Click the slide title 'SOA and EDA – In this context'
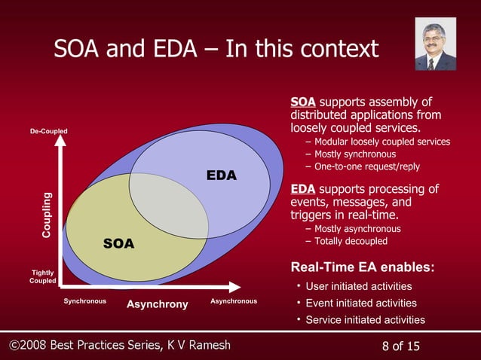pyautogui.click(x=216, y=49)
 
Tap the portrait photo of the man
pyautogui.click(x=435, y=45)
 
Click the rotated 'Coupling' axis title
pyautogui.click(x=47, y=216)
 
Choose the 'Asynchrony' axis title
pyautogui.click(x=157, y=304)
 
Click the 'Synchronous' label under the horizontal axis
pyautogui.click(x=84, y=301)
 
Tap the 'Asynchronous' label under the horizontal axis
pyautogui.click(x=233, y=301)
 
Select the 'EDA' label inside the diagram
pyautogui.click(x=222, y=176)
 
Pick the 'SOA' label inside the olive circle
pyautogui.click(x=118, y=243)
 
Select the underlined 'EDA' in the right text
pyautogui.click(x=302, y=188)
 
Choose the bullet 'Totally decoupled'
pyautogui.click(x=351, y=241)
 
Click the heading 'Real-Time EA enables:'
pyautogui.click(x=361, y=267)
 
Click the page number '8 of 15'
pyautogui.click(x=401, y=346)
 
